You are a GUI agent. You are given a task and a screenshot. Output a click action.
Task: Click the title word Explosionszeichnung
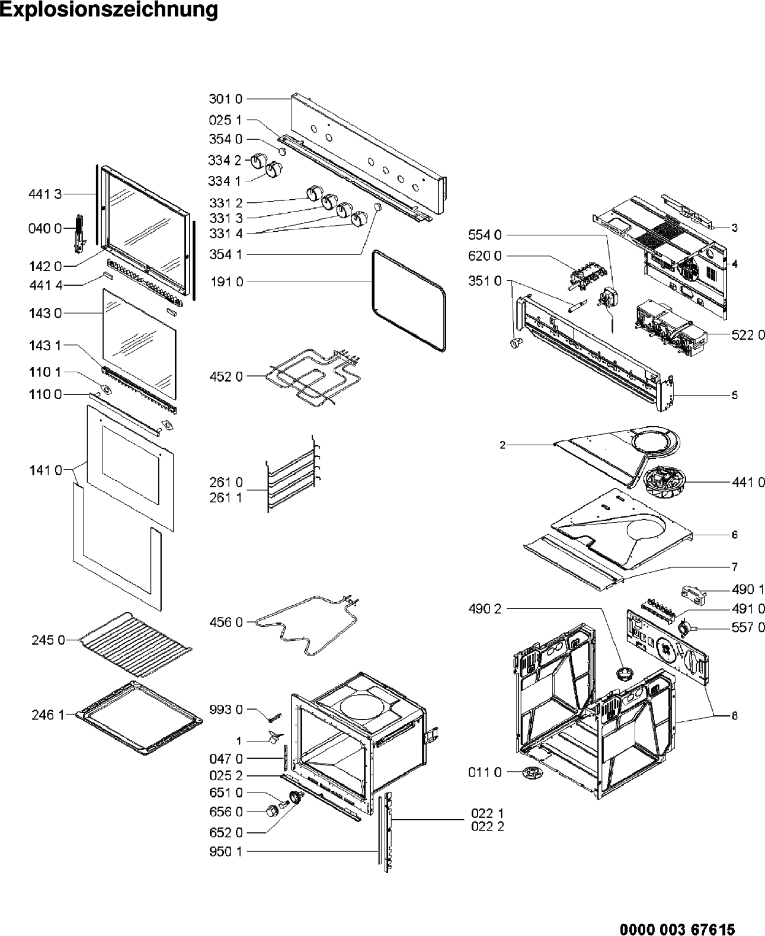pos(109,11)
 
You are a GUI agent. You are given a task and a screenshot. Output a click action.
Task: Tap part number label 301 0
pos(226,98)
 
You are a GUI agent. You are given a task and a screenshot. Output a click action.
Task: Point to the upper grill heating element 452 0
pos(308,376)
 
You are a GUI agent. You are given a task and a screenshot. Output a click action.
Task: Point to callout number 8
pos(735,716)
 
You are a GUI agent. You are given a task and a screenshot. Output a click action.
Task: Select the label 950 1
pos(226,852)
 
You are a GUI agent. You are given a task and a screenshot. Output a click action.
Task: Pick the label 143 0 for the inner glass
pos(45,313)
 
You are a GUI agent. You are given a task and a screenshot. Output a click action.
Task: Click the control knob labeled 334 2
pos(258,161)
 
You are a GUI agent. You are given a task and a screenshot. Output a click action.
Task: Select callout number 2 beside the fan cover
pos(502,445)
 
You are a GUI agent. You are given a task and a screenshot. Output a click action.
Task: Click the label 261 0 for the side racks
pos(226,483)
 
